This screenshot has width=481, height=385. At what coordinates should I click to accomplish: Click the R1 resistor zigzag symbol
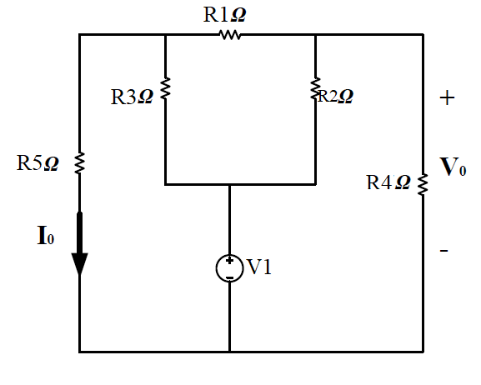[x=229, y=35]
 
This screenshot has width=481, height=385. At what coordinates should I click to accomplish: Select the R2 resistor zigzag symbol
[x=316, y=87]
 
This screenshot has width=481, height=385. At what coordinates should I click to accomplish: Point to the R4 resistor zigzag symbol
[x=423, y=182]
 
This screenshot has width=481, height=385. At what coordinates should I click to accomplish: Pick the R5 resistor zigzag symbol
[x=80, y=162]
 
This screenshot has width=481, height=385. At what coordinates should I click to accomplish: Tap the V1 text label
[x=258, y=267]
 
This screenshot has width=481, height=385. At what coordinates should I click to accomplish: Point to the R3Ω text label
[x=133, y=97]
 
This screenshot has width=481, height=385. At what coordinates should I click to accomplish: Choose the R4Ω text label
[x=388, y=183]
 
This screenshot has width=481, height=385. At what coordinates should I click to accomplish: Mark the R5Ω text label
[x=38, y=163]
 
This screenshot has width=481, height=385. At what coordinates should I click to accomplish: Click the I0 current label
[x=45, y=236]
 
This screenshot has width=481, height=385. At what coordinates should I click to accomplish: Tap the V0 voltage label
[x=453, y=167]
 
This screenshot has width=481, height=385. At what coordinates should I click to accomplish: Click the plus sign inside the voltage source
[x=229, y=262]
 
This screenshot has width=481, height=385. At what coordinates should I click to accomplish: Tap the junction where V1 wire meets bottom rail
[x=229, y=352]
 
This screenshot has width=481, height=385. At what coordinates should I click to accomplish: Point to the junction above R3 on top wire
[x=166, y=35]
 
